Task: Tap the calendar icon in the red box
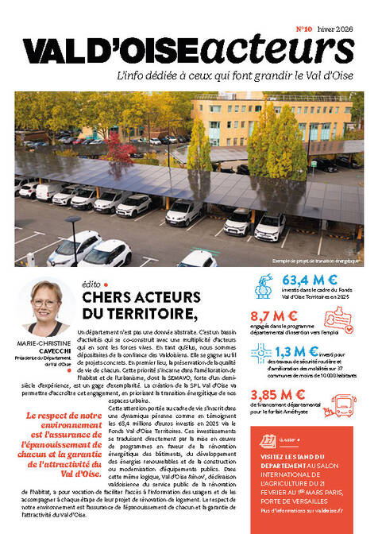(261, 439)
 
